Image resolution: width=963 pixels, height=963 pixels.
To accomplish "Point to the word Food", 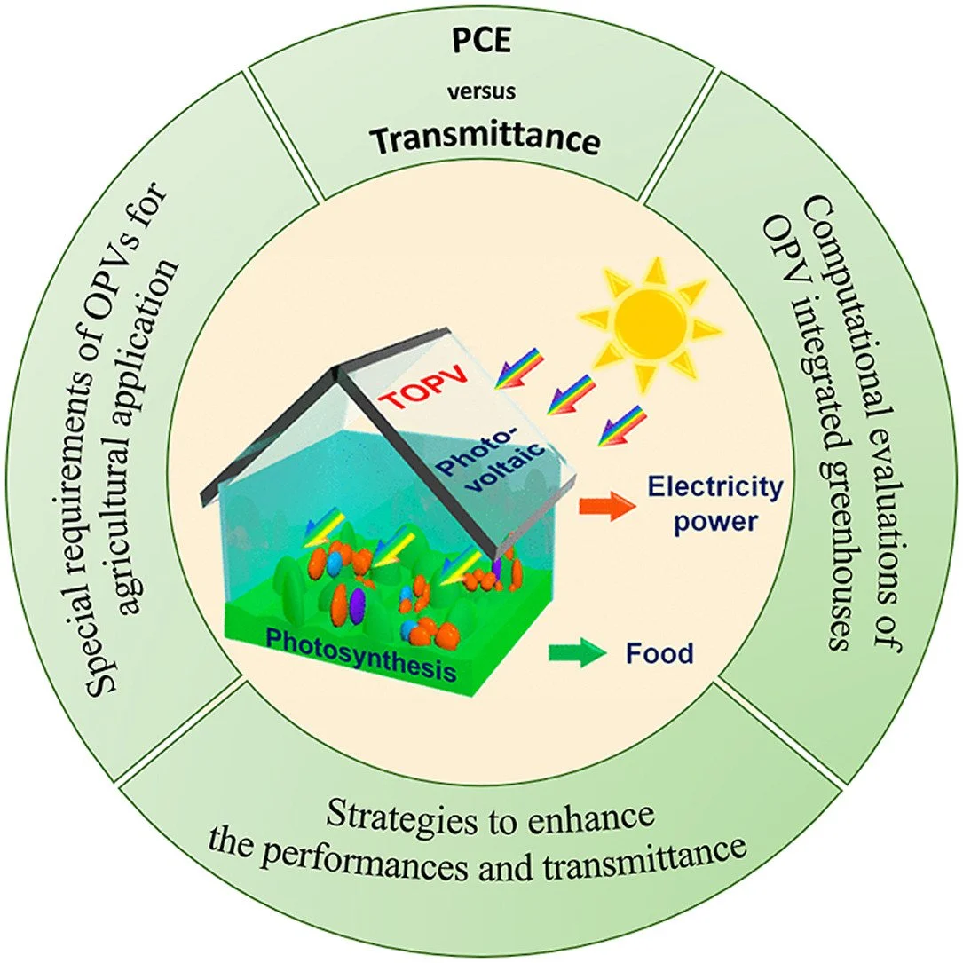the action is click(x=659, y=655).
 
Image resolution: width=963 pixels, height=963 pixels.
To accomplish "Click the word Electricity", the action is click(x=714, y=486).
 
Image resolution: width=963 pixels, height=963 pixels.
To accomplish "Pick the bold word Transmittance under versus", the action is click(x=481, y=141).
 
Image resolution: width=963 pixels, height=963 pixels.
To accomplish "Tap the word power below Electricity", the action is click(x=714, y=521).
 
